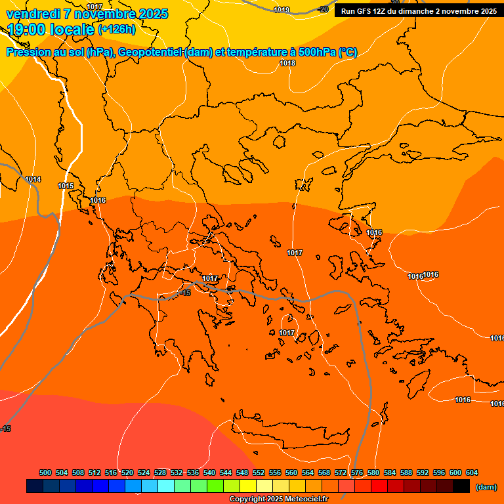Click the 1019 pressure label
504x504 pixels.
click(x=282, y=10)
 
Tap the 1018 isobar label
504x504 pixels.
click(x=287, y=63)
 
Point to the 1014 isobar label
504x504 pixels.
click(x=33, y=179)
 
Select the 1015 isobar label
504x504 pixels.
click(x=66, y=186)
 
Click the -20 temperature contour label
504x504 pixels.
click(x=323, y=9)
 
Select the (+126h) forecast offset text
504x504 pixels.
click(x=117, y=30)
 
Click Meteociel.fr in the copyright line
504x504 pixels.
click(x=306, y=499)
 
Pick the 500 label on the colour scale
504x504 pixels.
click(x=45, y=472)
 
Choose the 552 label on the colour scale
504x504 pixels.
click(x=259, y=472)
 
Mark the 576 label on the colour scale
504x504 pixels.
click(x=357, y=472)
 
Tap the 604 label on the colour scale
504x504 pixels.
click(x=472, y=472)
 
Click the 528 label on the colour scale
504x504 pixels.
click(x=160, y=472)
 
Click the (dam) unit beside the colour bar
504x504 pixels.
click(x=486, y=487)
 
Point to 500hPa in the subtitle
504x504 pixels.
click(x=318, y=52)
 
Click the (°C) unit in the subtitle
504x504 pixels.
click(x=348, y=52)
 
